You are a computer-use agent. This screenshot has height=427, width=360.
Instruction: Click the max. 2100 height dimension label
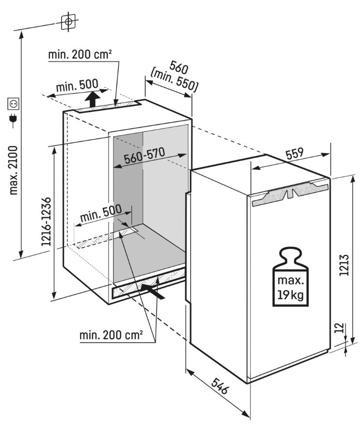pos(14,170)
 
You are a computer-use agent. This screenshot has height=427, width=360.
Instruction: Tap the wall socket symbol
pos(14,104)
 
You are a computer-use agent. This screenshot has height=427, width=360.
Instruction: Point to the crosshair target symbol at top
pos(69,21)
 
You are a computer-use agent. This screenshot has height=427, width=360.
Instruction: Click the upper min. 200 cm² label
pos(80,55)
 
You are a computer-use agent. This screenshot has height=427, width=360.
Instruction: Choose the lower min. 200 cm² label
pos(111,335)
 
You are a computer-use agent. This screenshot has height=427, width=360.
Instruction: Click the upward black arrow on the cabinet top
pos(93,99)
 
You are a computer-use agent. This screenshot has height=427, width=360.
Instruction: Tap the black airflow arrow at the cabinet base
pos(153,291)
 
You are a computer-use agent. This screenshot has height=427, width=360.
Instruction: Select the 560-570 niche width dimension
pos(145,155)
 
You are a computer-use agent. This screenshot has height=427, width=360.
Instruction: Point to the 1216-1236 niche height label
pos(46,221)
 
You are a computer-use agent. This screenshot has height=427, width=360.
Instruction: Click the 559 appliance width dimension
pos(295,153)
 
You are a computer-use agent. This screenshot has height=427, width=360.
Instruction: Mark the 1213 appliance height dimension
pos(345,265)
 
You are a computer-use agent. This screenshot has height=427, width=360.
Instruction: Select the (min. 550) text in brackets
pos(174,81)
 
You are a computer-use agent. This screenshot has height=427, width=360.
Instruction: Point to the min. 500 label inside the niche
pos(101,213)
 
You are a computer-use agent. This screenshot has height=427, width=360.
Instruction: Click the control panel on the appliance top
pos(291,193)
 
